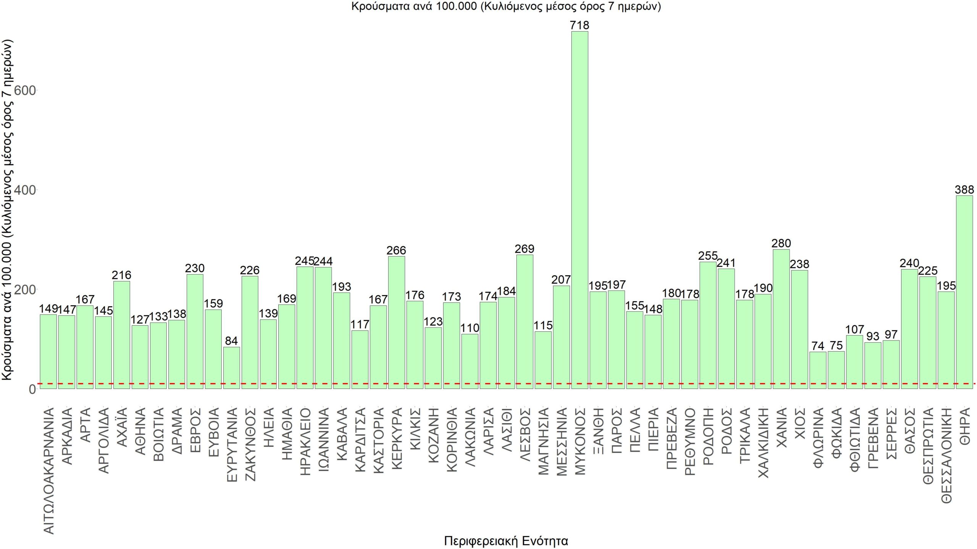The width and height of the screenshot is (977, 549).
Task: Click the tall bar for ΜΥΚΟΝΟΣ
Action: tap(579, 210)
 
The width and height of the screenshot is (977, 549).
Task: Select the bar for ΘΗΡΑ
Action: tap(964, 292)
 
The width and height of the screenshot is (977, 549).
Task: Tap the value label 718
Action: tap(579, 26)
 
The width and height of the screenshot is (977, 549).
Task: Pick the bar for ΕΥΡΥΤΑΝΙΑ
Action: tap(231, 368)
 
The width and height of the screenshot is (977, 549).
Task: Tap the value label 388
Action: tap(964, 189)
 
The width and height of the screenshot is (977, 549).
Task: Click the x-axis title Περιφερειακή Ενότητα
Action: tap(506, 541)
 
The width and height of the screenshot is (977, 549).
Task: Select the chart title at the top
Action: tap(506, 7)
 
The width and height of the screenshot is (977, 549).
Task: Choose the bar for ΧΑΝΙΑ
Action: tap(781, 319)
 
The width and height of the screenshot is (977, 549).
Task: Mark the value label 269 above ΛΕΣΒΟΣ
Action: tap(524, 249)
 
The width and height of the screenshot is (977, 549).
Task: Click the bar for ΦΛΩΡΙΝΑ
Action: tap(817, 370)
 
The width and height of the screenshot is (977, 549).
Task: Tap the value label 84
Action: tap(231, 341)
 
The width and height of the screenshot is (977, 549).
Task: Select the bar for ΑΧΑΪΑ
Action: tap(121, 335)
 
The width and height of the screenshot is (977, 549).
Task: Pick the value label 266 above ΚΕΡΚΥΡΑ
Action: tap(396, 250)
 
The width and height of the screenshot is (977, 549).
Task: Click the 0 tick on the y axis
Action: tap(32, 389)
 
